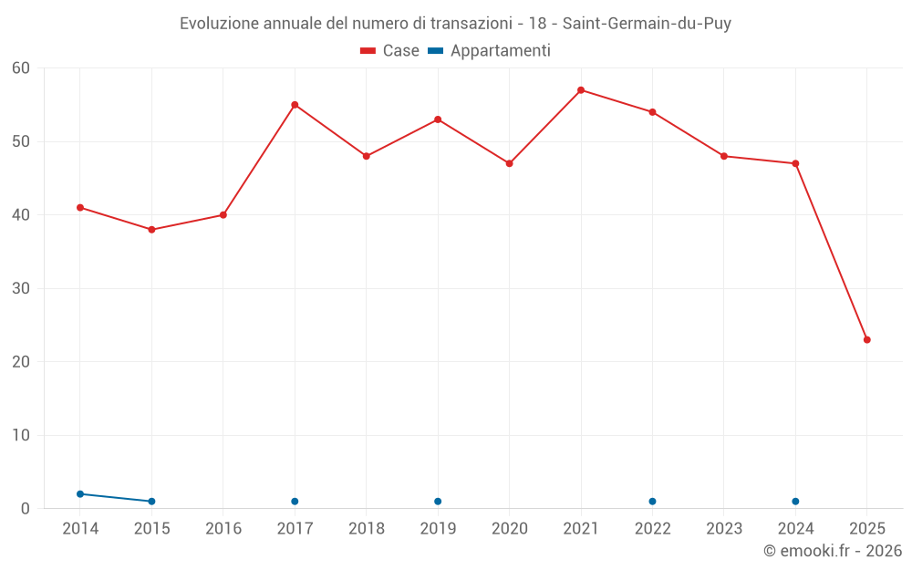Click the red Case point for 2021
click(581, 90)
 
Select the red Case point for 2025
click(866, 339)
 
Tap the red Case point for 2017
click(295, 105)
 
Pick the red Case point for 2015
click(151, 230)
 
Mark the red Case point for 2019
click(438, 119)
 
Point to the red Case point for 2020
click(509, 163)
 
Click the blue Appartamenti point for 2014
click(80, 494)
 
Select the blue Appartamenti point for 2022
click(652, 502)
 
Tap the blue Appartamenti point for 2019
click(438, 502)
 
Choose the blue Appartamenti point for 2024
click(795, 502)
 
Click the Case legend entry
click(389, 51)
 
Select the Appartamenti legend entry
click(490, 51)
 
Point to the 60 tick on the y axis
click(21, 68)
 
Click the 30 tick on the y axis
click(21, 288)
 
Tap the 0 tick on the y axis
click(26, 509)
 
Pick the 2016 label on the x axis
click(223, 529)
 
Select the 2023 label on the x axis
click(724, 529)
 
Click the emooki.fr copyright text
click(832, 551)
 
